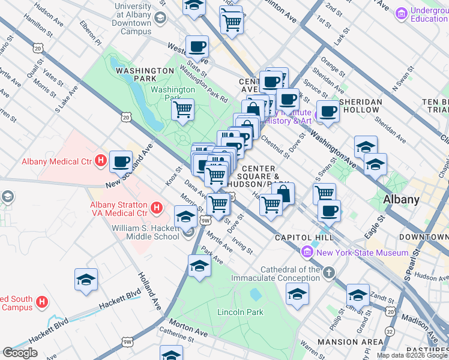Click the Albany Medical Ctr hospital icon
[x=101, y=161]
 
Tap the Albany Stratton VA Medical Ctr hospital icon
[x=157, y=208]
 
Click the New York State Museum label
[x=362, y=253]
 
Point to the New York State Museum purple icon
[x=308, y=253]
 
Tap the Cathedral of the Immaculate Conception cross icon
[x=328, y=274]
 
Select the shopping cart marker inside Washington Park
[x=182, y=110]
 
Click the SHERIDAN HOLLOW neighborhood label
[x=360, y=102]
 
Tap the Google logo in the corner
[x=20, y=353]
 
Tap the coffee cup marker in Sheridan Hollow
[x=328, y=112]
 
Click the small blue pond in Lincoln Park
[x=255, y=295]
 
